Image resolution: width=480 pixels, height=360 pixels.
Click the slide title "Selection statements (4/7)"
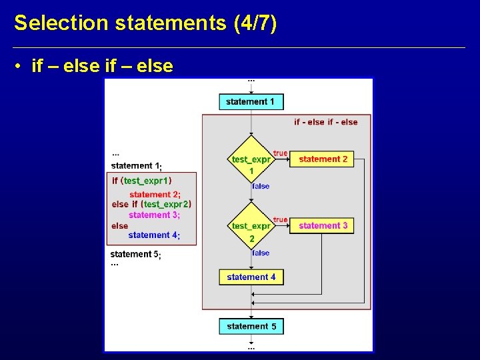[x=145, y=23]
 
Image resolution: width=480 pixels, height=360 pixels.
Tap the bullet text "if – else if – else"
[x=102, y=66]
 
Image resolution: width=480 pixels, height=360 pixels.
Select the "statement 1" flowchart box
[x=251, y=101]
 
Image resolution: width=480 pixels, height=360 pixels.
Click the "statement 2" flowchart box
[x=323, y=159]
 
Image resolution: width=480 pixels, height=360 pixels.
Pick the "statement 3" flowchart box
[x=323, y=226]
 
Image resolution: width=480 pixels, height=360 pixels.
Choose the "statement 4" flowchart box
[x=251, y=277]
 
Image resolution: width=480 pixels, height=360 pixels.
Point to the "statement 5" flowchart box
[x=251, y=326]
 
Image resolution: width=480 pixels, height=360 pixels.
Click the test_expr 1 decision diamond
[x=251, y=159]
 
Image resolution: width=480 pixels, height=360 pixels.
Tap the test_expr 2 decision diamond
[x=251, y=226]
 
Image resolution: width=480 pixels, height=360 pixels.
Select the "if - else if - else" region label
[x=325, y=122]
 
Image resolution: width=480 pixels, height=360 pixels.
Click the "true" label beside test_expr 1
[x=280, y=153]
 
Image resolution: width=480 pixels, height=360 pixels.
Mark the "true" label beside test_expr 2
[x=280, y=220]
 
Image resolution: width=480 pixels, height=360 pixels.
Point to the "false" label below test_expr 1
[x=261, y=186]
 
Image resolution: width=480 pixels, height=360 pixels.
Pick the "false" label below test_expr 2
[x=261, y=253]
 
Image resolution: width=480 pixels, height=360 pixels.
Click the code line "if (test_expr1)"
[x=141, y=181]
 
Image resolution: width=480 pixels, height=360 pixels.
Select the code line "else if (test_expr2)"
[x=151, y=205]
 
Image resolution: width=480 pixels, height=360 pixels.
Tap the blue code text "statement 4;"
[x=154, y=235]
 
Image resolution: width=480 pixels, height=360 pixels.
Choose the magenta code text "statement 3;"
[x=154, y=215]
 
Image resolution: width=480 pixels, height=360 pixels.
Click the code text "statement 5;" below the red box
[x=135, y=254]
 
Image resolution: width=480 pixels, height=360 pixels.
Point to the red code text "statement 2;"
[x=155, y=194]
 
